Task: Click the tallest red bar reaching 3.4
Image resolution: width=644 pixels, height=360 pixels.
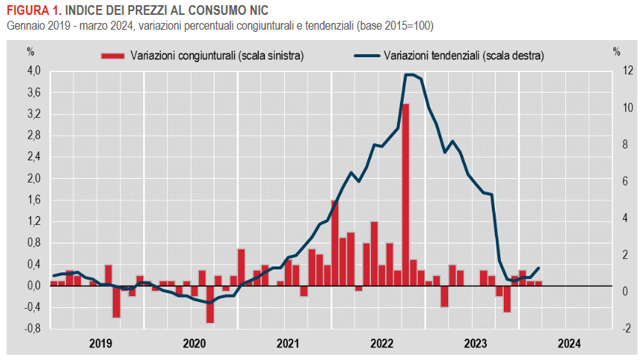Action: (x=406, y=193)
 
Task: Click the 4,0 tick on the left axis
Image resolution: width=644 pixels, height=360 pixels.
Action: (x=33, y=71)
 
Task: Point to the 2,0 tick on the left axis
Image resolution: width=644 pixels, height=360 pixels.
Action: (x=33, y=179)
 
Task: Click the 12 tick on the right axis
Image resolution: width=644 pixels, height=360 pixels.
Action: (x=607, y=71)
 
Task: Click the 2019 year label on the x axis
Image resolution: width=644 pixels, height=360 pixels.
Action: (x=100, y=343)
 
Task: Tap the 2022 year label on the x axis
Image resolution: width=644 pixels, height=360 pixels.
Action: (x=381, y=343)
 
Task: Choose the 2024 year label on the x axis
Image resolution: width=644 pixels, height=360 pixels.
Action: (x=569, y=343)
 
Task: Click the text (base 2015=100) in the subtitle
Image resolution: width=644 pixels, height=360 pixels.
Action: (x=395, y=25)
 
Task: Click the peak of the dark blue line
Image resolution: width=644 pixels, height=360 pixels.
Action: (x=410, y=74)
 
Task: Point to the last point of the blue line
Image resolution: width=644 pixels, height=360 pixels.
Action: (x=539, y=268)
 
